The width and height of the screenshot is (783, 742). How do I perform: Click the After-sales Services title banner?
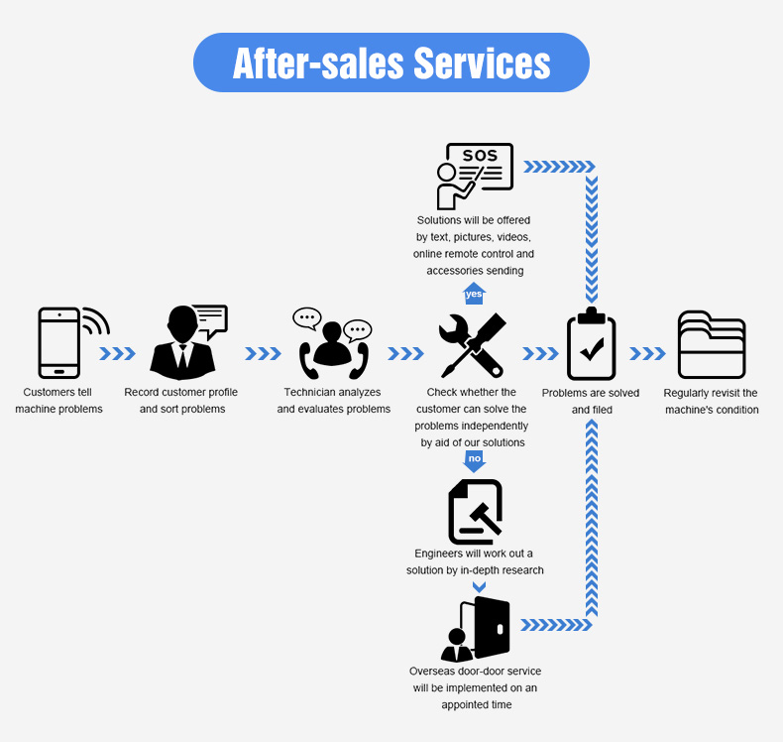[391, 62]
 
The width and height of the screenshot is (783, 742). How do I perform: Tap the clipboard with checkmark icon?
[592, 344]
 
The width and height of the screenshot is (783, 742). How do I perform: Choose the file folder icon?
[711, 344]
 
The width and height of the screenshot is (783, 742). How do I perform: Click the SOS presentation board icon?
[475, 176]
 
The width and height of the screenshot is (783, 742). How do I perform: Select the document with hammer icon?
[475, 512]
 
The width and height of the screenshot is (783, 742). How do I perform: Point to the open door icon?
[478, 629]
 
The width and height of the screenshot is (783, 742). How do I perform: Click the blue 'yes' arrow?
[474, 294]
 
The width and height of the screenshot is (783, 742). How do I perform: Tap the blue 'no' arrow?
[475, 460]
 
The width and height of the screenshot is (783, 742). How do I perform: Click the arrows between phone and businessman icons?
[117, 353]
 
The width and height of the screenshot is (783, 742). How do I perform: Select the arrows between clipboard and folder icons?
[647, 353]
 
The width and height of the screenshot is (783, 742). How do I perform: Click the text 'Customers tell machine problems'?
[59, 401]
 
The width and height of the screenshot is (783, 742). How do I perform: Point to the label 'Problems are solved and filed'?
[591, 401]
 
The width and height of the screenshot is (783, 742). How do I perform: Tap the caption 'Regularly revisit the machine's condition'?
[711, 401]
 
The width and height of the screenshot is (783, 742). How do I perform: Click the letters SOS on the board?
[481, 156]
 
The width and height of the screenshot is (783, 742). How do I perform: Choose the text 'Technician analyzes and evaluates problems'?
[334, 401]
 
